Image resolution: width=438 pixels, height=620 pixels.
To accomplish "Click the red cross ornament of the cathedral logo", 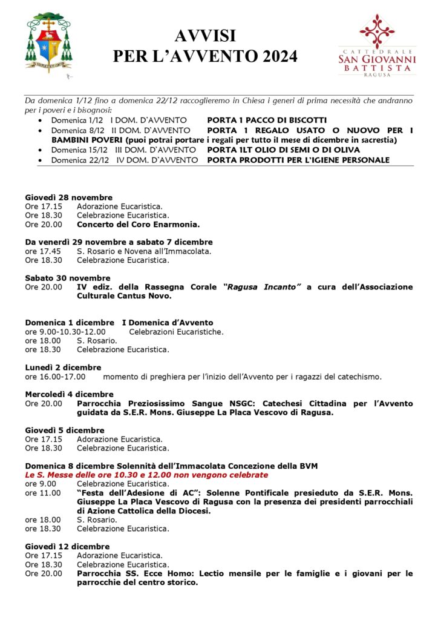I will tap(377, 30).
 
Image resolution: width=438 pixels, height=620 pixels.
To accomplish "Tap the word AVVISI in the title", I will tap(205, 36).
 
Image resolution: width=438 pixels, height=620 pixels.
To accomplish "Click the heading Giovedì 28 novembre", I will tap(69, 197).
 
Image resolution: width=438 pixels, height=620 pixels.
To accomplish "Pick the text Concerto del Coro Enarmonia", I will tap(138, 225).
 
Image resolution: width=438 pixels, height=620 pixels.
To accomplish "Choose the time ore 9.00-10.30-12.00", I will tap(65, 332).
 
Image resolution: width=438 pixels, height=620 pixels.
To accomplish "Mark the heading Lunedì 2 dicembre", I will tap(63, 368).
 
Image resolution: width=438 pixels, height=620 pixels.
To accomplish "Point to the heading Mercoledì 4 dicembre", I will tap(69, 394).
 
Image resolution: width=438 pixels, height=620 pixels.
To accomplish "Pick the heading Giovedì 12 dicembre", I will tap(67, 546).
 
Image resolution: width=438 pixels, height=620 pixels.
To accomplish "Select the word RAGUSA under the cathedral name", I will tap(377, 75).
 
